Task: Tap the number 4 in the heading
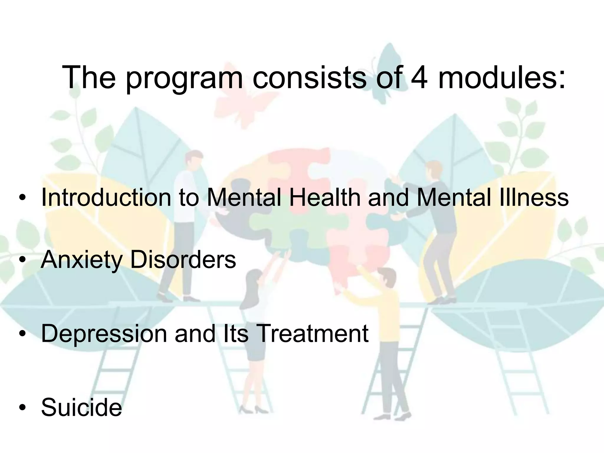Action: pos(419,77)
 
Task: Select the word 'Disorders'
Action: pos(183,260)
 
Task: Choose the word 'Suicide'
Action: pos(81,407)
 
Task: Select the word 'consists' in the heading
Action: pos(309,77)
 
